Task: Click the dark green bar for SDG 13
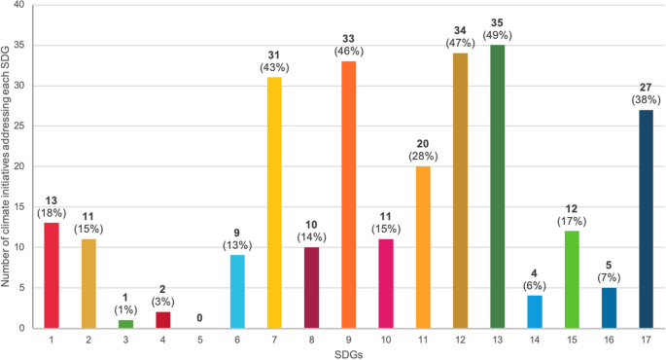click(498, 185)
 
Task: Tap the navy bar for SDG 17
click(647, 219)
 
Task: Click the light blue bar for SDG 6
click(236, 292)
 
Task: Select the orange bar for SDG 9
click(348, 195)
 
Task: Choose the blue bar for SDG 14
click(535, 311)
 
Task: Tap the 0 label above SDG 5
click(198, 316)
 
